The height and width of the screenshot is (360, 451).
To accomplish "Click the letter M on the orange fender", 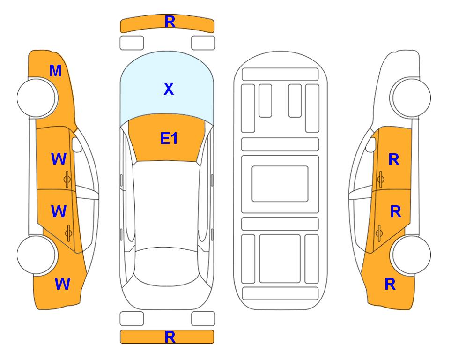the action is coord(56,71).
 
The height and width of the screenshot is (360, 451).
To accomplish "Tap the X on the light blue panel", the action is coord(169,89).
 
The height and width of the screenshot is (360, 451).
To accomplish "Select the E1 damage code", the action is coord(169,138).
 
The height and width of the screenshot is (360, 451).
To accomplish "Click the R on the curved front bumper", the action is coord(170,22).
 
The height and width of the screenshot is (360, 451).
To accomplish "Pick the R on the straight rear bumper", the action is coord(170,337).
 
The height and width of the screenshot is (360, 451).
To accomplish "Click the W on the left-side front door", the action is coord(59,159).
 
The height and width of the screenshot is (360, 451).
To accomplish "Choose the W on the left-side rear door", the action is coord(59,211).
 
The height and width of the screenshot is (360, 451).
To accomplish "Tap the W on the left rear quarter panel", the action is coord(62,284).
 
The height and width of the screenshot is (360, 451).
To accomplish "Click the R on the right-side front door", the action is coord(394,159).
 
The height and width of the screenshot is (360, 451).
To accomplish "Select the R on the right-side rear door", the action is coord(396,212).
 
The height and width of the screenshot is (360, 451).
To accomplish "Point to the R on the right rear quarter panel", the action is coord(390,284).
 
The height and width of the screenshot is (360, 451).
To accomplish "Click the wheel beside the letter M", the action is coord(37,97).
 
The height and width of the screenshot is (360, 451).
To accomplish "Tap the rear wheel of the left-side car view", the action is coord(37,255).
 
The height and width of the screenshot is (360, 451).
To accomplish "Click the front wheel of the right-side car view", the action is coord(411,97).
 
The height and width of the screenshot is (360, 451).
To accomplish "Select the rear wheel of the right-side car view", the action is coord(411,255).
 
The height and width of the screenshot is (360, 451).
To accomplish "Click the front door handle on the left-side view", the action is coord(67,180).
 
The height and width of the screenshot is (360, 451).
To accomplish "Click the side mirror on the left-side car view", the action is coord(76,144).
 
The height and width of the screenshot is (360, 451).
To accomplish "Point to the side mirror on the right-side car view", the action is coord(371,144).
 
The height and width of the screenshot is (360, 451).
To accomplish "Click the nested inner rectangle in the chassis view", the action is coord(280,184).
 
